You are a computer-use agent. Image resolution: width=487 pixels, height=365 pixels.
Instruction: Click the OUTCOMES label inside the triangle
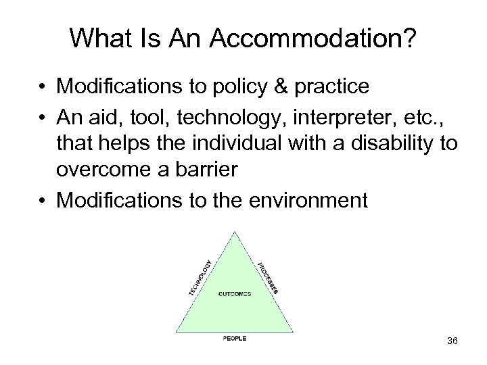click(235, 293)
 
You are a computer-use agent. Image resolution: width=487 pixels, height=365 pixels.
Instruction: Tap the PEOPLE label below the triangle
click(235, 338)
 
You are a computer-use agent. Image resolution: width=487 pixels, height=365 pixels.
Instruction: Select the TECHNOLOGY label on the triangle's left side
click(200, 278)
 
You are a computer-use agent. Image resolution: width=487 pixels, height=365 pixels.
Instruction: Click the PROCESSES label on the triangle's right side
click(269, 278)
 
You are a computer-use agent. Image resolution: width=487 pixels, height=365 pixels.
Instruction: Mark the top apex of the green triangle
click(234, 232)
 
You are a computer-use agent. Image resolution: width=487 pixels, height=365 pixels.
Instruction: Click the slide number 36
click(452, 341)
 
